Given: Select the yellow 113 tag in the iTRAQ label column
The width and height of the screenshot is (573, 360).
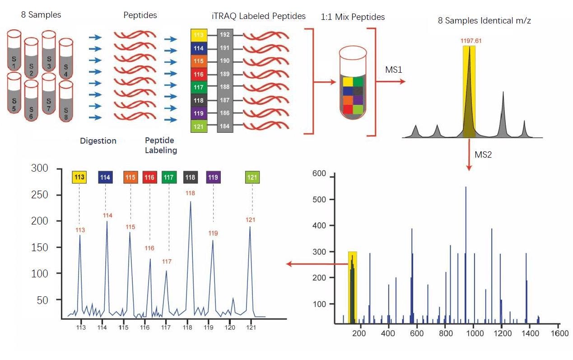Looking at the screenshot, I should click(x=199, y=35).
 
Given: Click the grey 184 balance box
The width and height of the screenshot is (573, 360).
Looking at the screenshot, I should click(x=224, y=126).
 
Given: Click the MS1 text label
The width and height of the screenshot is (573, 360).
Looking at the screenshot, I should click(x=391, y=71).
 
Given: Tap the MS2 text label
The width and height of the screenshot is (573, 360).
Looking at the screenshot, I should click(x=483, y=155).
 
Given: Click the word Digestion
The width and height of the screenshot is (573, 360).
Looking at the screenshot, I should click(x=98, y=141).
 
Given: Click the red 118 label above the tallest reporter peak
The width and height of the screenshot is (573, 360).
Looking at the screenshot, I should click(x=190, y=193).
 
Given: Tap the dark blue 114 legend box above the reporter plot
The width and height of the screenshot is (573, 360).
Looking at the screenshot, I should click(x=105, y=178).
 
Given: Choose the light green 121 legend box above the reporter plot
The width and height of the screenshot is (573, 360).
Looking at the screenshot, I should click(x=252, y=178).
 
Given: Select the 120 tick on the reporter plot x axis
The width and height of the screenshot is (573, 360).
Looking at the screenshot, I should click(x=230, y=327).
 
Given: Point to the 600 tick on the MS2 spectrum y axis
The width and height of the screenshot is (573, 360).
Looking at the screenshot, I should click(x=319, y=173).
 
